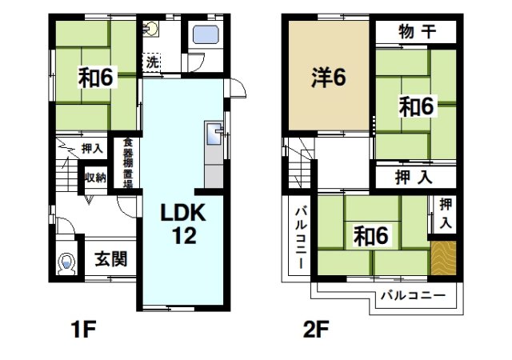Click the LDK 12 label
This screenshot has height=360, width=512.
pos(185,225)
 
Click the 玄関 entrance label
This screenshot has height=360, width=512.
pos(108,260)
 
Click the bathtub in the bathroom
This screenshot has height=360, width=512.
pos(206,36)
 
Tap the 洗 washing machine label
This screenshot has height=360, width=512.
pos(151,62)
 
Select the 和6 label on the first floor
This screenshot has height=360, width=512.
pos(97,78)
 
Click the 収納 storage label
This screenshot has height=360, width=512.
pos(96,178)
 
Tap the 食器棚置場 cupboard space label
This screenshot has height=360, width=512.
pos(127,164)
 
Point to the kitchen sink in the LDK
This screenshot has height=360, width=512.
pos(214,134)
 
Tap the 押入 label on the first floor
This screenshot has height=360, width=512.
pos(92,149)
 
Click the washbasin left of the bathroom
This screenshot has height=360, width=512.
pos(152,30)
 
